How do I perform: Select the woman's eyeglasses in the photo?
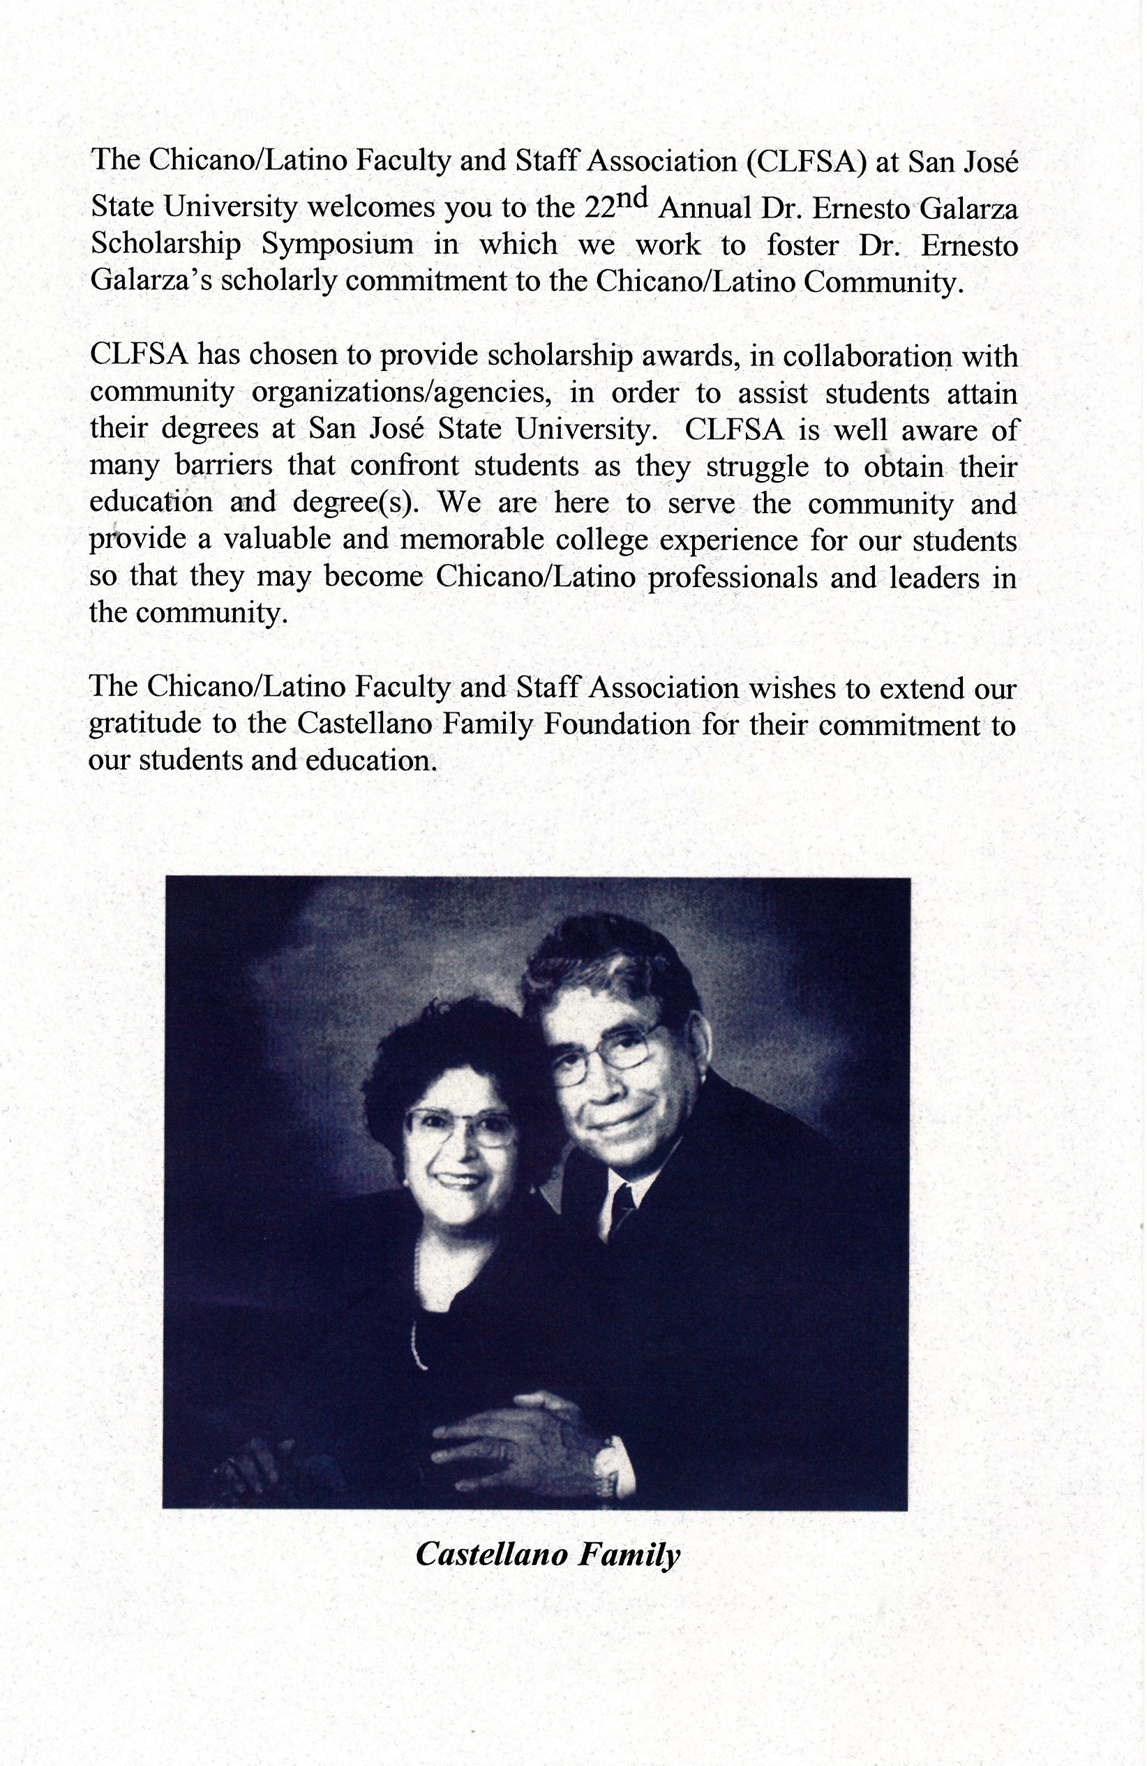coord(459,1128)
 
